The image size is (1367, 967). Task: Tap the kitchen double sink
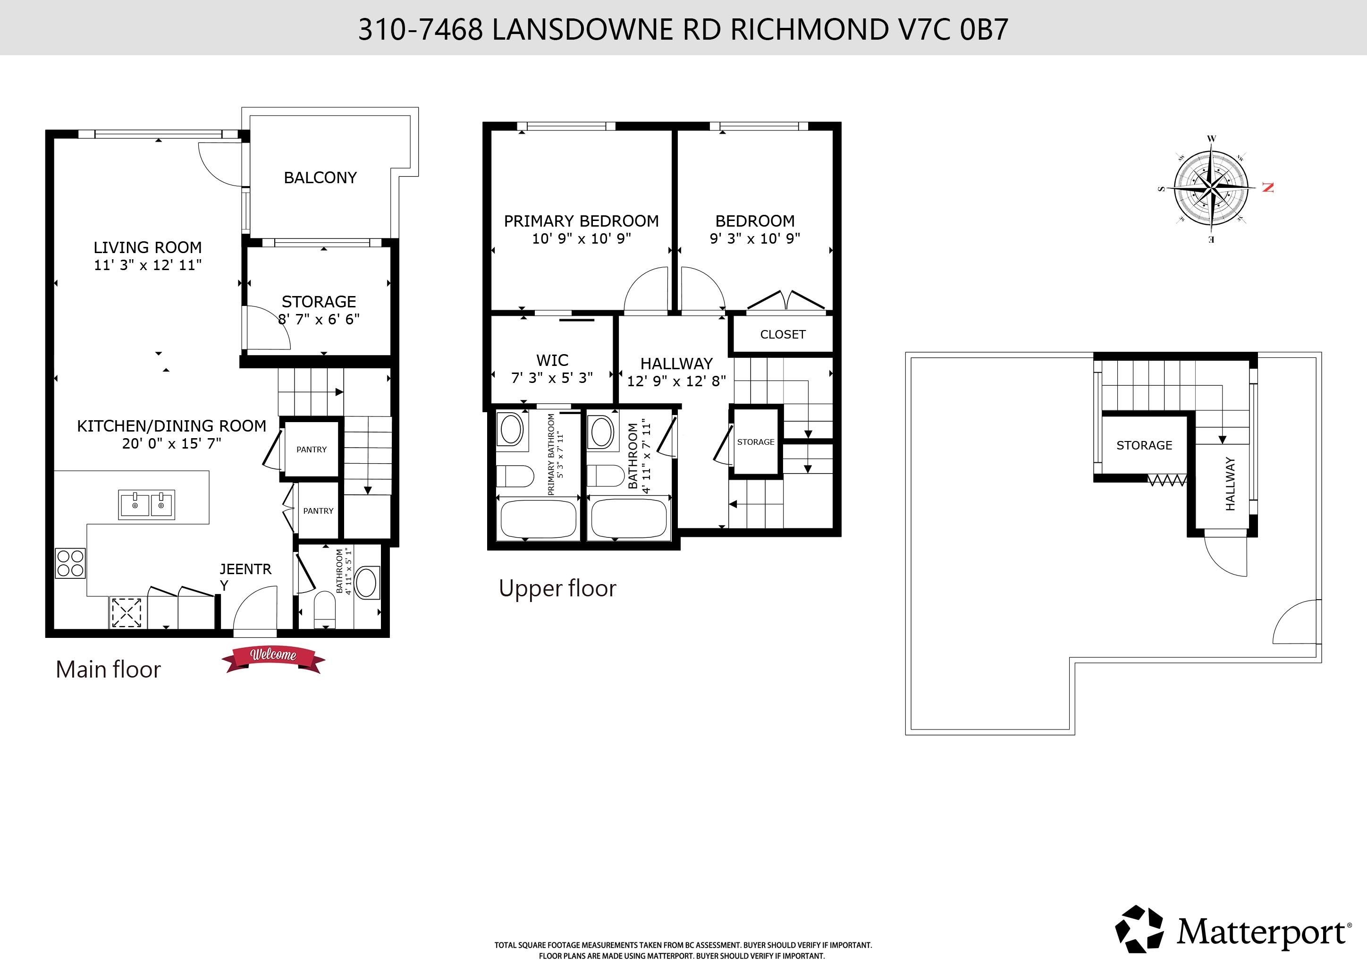(x=146, y=505)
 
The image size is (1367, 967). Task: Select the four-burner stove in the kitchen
(x=70, y=563)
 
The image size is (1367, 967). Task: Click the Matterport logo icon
(x=1139, y=930)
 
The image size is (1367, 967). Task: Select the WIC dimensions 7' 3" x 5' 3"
(x=552, y=378)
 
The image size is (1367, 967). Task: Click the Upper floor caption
(x=557, y=588)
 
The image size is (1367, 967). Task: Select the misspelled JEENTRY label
(x=245, y=577)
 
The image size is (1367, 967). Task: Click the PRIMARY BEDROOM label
(x=581, y=221)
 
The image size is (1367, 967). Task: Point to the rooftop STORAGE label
(x=1144, y=445)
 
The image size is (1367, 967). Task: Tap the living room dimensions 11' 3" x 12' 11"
(x=148, y=265)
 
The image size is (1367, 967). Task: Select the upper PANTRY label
(x=312, y=450)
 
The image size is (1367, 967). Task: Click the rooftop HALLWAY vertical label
(x=1230, y=483)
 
